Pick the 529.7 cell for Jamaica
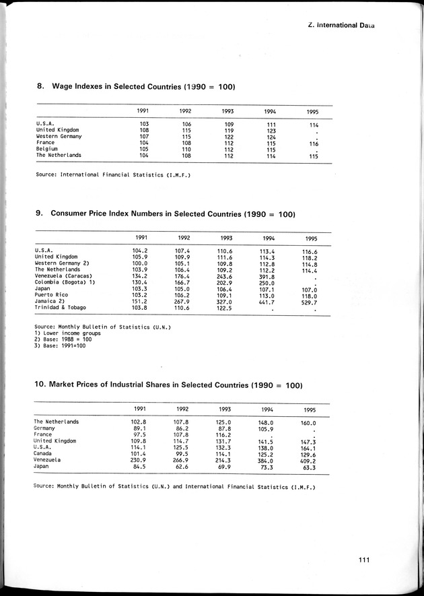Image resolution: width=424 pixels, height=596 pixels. click(x=309, y=302)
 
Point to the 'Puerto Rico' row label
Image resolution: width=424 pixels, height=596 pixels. click(x=51, y=294)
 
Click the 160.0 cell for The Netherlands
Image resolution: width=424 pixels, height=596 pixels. click(x=309, y=423)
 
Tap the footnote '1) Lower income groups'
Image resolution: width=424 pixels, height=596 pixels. click(x=63, y=333)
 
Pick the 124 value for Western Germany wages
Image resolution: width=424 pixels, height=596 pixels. click(x=270, y=136)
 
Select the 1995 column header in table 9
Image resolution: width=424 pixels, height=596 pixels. click(x=311, y=238)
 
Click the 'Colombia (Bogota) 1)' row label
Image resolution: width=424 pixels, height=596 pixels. click(x=65, y=282)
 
